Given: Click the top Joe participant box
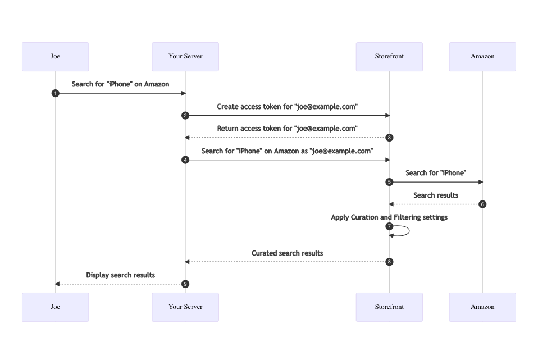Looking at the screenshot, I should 55,56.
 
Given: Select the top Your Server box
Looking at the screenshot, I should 185,56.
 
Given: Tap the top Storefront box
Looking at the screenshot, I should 389,56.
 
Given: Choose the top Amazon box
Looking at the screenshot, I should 482,56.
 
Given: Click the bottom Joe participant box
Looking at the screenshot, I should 55,307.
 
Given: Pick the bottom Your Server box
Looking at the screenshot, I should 185,307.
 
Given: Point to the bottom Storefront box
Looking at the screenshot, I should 389,307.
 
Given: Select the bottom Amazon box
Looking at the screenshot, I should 482,307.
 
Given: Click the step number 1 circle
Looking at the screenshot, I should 55,93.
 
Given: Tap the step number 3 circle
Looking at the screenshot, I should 389,138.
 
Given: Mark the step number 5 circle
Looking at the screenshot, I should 389,182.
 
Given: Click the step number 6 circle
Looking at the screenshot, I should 482,204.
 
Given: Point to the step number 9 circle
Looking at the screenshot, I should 185,284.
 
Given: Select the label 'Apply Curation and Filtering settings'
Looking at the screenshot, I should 389,217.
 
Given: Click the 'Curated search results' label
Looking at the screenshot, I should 287,253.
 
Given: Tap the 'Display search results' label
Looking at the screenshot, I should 120,275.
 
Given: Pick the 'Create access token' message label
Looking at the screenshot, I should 287,107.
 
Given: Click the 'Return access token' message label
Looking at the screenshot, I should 287,129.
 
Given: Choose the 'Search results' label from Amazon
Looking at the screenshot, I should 436,195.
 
